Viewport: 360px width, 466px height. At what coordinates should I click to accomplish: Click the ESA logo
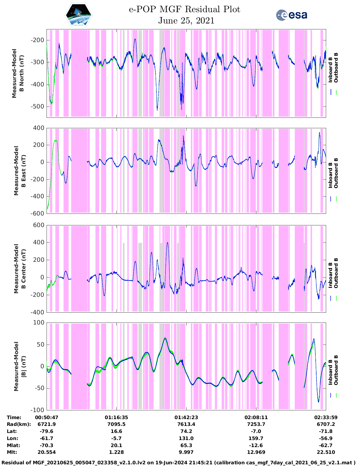tap(291, 15)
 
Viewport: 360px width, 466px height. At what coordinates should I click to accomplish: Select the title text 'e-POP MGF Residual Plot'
tap(184, 9)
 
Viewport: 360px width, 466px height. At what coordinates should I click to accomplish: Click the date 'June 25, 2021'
tap(186, 21)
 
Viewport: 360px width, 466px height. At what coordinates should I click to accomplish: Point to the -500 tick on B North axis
tap(38, 106)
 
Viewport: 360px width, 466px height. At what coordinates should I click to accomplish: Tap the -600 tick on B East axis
tap(38, 214)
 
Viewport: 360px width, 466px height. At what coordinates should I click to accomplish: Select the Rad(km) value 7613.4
tap(186, 424)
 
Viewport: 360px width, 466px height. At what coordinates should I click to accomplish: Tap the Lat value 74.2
tap(186, 431)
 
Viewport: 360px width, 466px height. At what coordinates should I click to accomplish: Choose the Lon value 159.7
tap(256, 438)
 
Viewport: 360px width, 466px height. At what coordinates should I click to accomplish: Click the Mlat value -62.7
tap(326, 445)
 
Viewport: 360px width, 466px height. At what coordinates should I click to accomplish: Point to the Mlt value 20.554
tap(47, 452)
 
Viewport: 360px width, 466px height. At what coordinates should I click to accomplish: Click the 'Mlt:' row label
tap(12, 452)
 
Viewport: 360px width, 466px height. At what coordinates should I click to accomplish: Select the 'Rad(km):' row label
tap(19, 424)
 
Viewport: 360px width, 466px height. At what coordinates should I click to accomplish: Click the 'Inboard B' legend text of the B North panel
tap(330, 70)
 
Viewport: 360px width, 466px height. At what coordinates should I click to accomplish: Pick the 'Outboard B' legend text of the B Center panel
tap(336, 273)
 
